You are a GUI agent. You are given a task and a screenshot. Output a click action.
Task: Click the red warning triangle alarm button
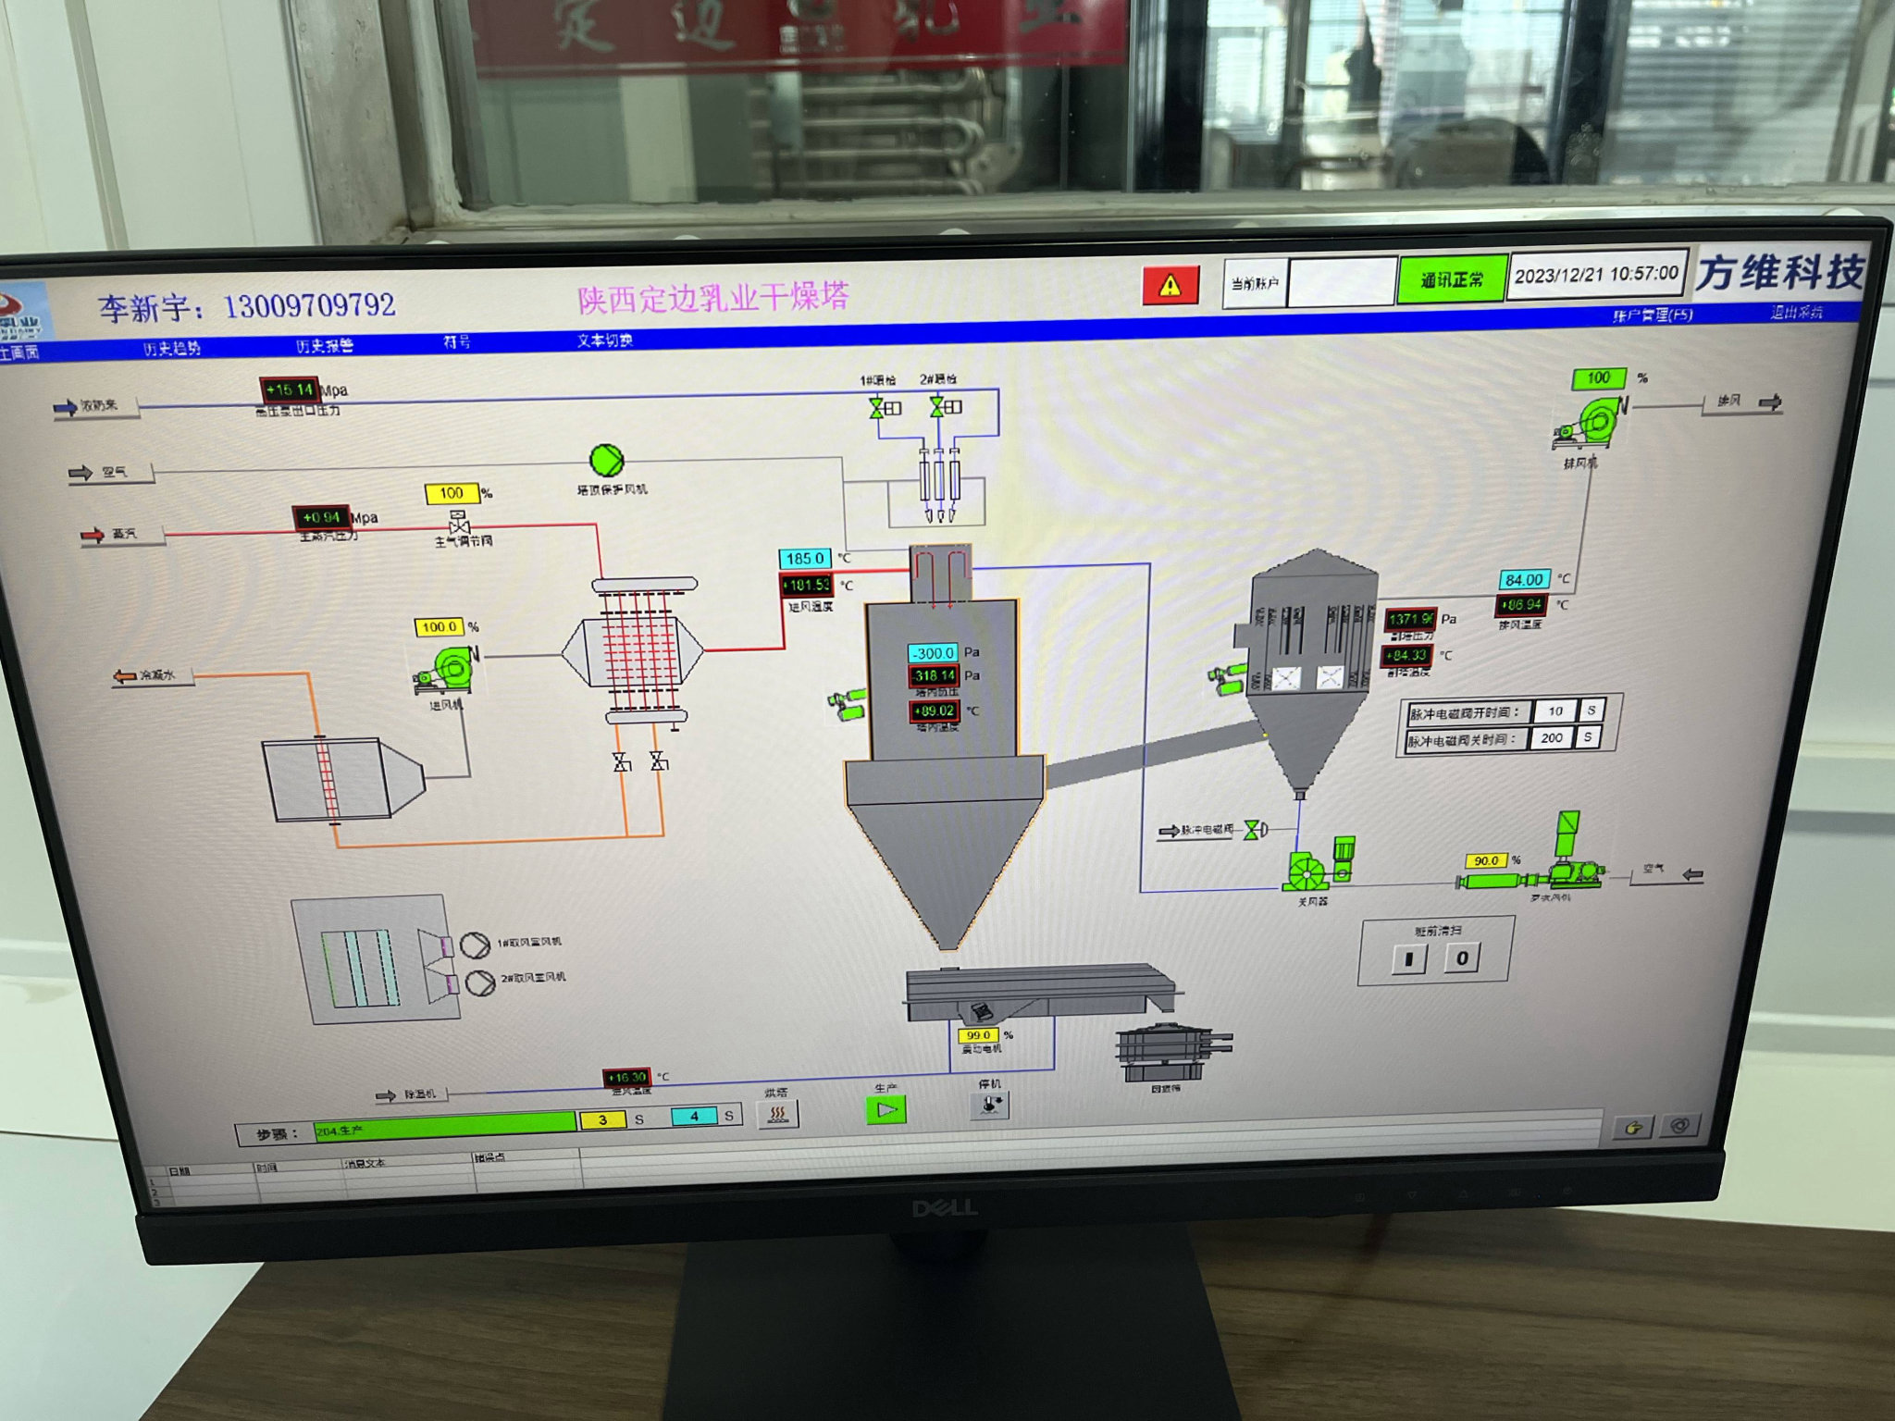pos(1170,285)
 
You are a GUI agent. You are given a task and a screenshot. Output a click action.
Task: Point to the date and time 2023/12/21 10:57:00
pos(1596,275)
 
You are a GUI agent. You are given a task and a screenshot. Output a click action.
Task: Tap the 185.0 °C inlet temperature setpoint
pos(805,559)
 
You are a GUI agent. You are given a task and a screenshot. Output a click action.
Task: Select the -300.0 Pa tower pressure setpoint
pos(934,653)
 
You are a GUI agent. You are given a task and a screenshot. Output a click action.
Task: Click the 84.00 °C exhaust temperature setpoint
pos(1523,580)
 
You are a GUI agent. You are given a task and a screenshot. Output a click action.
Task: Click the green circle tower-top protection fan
pos(607,460)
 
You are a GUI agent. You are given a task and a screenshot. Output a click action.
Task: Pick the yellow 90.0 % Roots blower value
pos(1486,860)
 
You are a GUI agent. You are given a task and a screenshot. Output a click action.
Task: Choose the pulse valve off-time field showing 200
pos(1552,738)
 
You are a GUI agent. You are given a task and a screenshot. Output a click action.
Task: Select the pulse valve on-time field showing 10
pos(1555,711)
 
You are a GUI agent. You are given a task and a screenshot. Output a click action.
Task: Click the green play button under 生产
pos(886,1109)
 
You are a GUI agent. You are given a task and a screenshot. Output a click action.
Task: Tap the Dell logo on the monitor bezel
pos(944,1208)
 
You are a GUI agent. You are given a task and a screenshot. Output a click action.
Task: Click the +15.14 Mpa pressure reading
pos(290,389)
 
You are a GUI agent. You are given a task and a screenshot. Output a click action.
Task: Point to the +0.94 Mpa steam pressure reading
pos(321,517)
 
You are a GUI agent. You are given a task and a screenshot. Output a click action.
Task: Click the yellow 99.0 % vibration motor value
pos(978,1035)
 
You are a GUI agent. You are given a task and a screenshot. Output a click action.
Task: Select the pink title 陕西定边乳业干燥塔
pos(712,298)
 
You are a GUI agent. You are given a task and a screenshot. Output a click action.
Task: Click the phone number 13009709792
pos(309,305)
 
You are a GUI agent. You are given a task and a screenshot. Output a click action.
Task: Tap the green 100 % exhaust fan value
pos(1598,378)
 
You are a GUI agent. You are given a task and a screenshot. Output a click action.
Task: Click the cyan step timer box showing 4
pos(694,1117)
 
